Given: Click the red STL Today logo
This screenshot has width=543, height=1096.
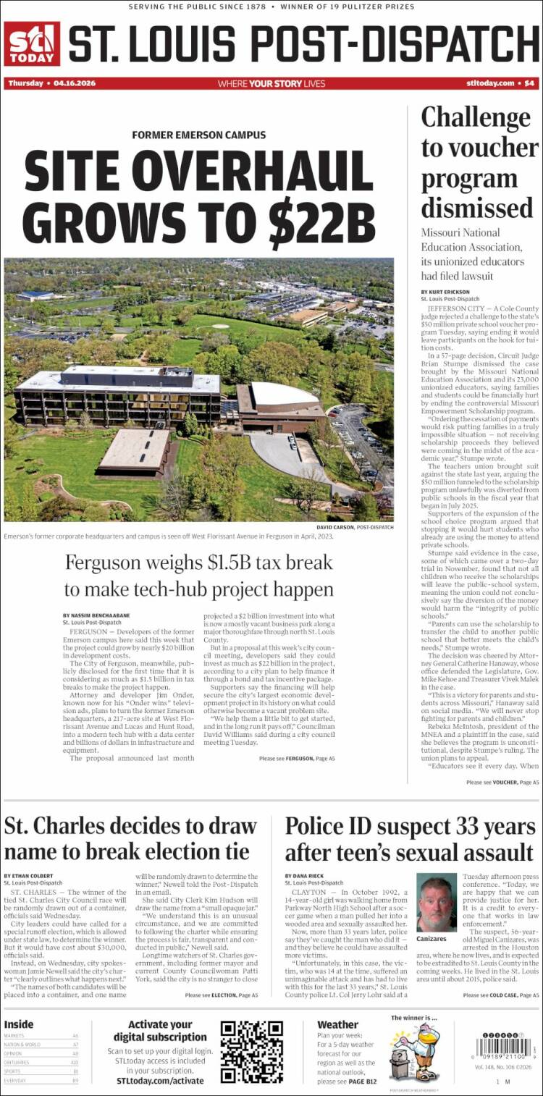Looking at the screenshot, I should click(32, 43).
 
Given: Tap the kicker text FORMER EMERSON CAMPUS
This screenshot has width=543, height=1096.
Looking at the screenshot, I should click(198, 135).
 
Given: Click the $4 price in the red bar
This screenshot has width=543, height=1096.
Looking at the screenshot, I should click(529, 83).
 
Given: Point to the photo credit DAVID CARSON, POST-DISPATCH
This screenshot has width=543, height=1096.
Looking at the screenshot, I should click(355, 528).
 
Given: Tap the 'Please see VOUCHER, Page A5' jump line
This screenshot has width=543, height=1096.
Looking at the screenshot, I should click(502, 782).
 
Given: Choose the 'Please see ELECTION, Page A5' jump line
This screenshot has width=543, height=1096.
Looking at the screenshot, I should click(221, 995).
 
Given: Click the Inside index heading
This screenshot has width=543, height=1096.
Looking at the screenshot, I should click(19, 1024).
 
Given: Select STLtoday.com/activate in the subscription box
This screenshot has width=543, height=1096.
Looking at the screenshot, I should click(160, 1080).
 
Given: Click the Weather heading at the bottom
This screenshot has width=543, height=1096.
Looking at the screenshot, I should click(337, 1024).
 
